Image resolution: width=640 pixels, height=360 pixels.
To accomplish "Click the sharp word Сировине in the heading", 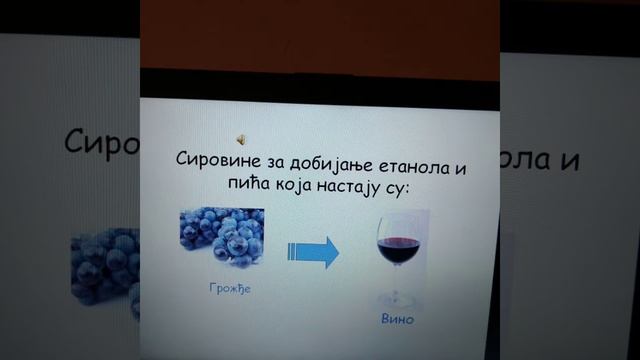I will [x=215, y=161].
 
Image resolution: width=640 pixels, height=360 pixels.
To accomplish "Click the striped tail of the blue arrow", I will [x=296, y=251].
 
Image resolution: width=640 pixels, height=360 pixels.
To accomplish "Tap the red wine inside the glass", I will [x=397, y=242].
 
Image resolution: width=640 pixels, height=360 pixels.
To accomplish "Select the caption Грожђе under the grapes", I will [x=220, y=290].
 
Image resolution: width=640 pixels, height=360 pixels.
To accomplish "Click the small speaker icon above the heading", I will [x=241, y=138].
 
